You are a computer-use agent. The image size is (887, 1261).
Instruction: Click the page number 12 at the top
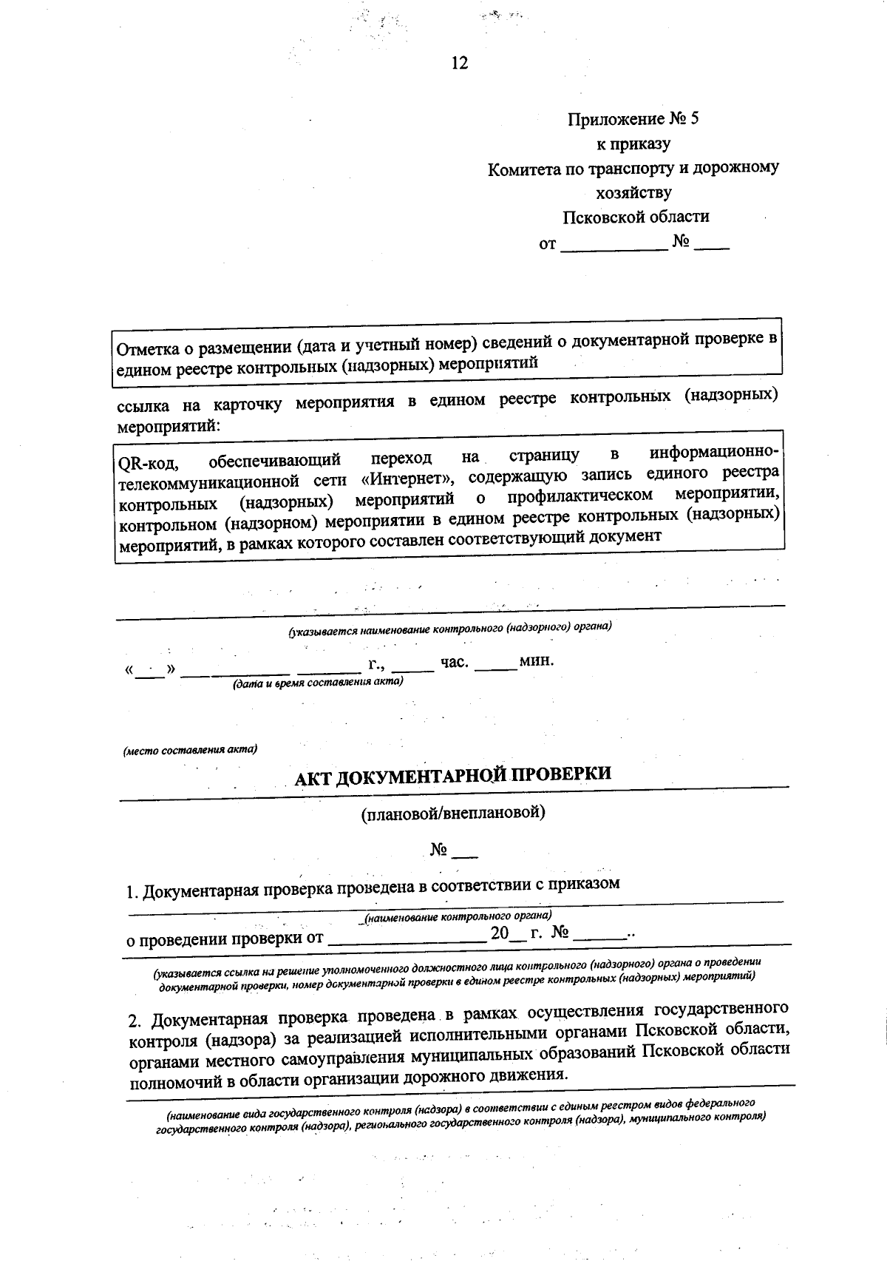pyautogui.click(x=459, y=63)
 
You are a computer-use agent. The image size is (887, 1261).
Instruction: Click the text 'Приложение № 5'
pyautogui.click(x=633, y=119)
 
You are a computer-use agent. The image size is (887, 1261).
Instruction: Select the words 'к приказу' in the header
pyautogui.click(x=633, y=143)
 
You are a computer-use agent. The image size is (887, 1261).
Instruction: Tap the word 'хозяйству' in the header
pyautogui.click(x=633, y=193)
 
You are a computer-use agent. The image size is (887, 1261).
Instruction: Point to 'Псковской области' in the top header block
pyautogui.click(x=636, y=217)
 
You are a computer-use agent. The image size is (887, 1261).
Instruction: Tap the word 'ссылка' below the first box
pyautogui.click(x=143, y=406)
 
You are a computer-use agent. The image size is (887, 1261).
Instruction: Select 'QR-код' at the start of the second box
pyautogui.click(x=146, y=464)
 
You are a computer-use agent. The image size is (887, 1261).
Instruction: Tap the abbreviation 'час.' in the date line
pyautogui.click(x=454, y=662)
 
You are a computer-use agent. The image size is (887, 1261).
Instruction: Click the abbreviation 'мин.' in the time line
pyautogui.click(x=536, y=660)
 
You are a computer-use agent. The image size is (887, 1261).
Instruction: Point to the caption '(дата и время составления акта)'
pyautogui.click(x=318, y=683)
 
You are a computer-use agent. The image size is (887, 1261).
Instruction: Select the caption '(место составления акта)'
pyautogui.click(x=189, y=749)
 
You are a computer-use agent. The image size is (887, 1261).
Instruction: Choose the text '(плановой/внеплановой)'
pyautogui.click(x=452, y=814)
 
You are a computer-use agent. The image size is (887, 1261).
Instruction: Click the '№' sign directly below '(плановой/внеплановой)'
pyautogui.click(x=439, y=851)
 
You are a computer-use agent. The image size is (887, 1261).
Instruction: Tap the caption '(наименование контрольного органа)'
pyautogui.click(x=456, y=917)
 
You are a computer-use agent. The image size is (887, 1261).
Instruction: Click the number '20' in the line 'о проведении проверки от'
pyautogui.click(x=500, y=933)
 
